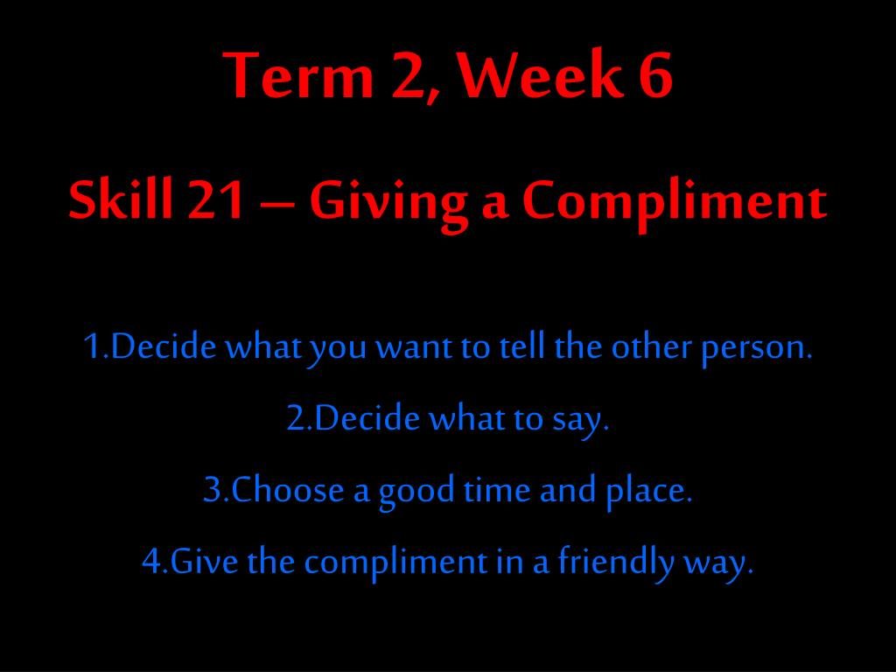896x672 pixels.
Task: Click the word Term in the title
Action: click(x=297, y=75)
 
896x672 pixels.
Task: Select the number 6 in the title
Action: click(x=655, y=75)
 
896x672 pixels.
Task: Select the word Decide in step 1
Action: click(x=164, y=346)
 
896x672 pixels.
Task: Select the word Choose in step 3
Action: click(x=287, y=489)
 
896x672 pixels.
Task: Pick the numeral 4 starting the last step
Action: click(x=151, y=561)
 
